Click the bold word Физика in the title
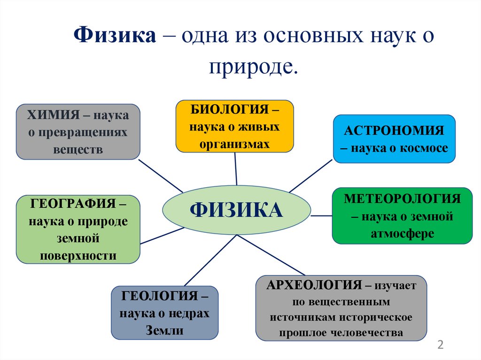pos(115,36)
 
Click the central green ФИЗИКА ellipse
pos(236,210)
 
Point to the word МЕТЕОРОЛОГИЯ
pos(402,199)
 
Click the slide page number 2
pos(440,345)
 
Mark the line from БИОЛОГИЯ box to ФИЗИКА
pos(235,169)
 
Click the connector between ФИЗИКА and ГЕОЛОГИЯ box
pos(209,261)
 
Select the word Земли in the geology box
pos(165,330)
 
